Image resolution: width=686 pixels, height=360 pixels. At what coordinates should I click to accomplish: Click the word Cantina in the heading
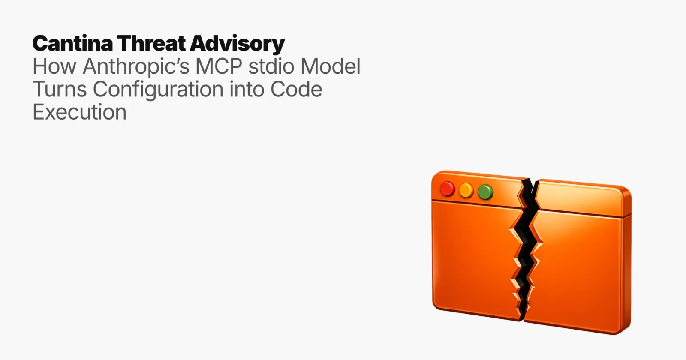pos(72,43)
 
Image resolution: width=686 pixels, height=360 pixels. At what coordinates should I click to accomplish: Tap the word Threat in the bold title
pos(151,43)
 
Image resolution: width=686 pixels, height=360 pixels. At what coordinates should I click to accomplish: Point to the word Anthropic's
pos(136,67)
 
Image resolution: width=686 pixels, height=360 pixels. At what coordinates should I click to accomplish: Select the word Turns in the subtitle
pos(60,89)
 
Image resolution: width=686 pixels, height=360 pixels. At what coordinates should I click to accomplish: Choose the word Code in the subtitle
pos(296,89)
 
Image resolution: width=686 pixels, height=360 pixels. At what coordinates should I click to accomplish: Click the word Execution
pos(80,112)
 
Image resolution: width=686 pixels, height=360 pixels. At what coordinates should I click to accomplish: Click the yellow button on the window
pos(466,190)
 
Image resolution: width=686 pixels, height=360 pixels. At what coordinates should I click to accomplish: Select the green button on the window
pos(486,192)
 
